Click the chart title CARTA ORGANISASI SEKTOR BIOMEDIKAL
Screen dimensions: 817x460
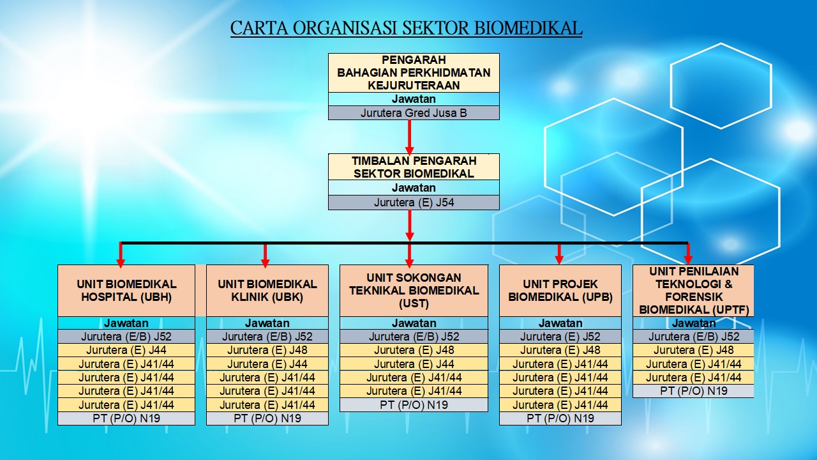406,27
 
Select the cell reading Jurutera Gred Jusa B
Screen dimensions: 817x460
414,113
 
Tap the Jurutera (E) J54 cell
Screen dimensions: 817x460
414,203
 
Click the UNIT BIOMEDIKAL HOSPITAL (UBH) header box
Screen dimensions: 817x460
126,291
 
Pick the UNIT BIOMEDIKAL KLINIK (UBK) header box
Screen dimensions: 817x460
267,291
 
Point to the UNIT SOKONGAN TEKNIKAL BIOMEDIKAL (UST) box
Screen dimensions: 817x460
414,291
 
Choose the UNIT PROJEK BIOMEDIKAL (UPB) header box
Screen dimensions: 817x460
560,291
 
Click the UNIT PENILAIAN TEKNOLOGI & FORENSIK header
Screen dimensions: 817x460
693,291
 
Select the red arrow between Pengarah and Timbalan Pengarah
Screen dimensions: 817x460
410,137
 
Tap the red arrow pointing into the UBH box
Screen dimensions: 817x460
121,255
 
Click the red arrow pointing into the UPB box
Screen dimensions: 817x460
559,254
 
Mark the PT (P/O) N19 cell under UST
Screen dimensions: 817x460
414,404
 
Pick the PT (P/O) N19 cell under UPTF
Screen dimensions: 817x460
693,390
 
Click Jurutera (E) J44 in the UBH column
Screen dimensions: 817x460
126,350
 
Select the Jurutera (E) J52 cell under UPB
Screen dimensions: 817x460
560,336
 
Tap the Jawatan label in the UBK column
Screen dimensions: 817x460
267,323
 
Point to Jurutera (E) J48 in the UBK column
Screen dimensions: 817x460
267,350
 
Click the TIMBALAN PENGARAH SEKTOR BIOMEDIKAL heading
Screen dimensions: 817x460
414,167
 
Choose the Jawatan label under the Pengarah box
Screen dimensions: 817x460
414,99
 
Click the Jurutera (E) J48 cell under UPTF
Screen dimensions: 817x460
693,350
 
